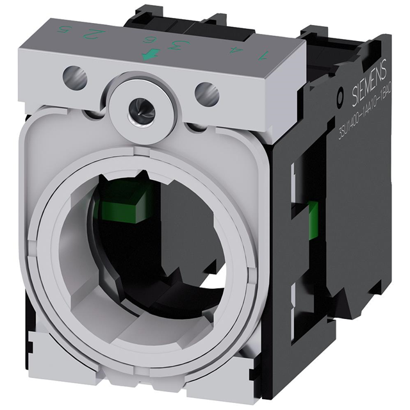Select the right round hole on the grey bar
[x=206, y=95]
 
